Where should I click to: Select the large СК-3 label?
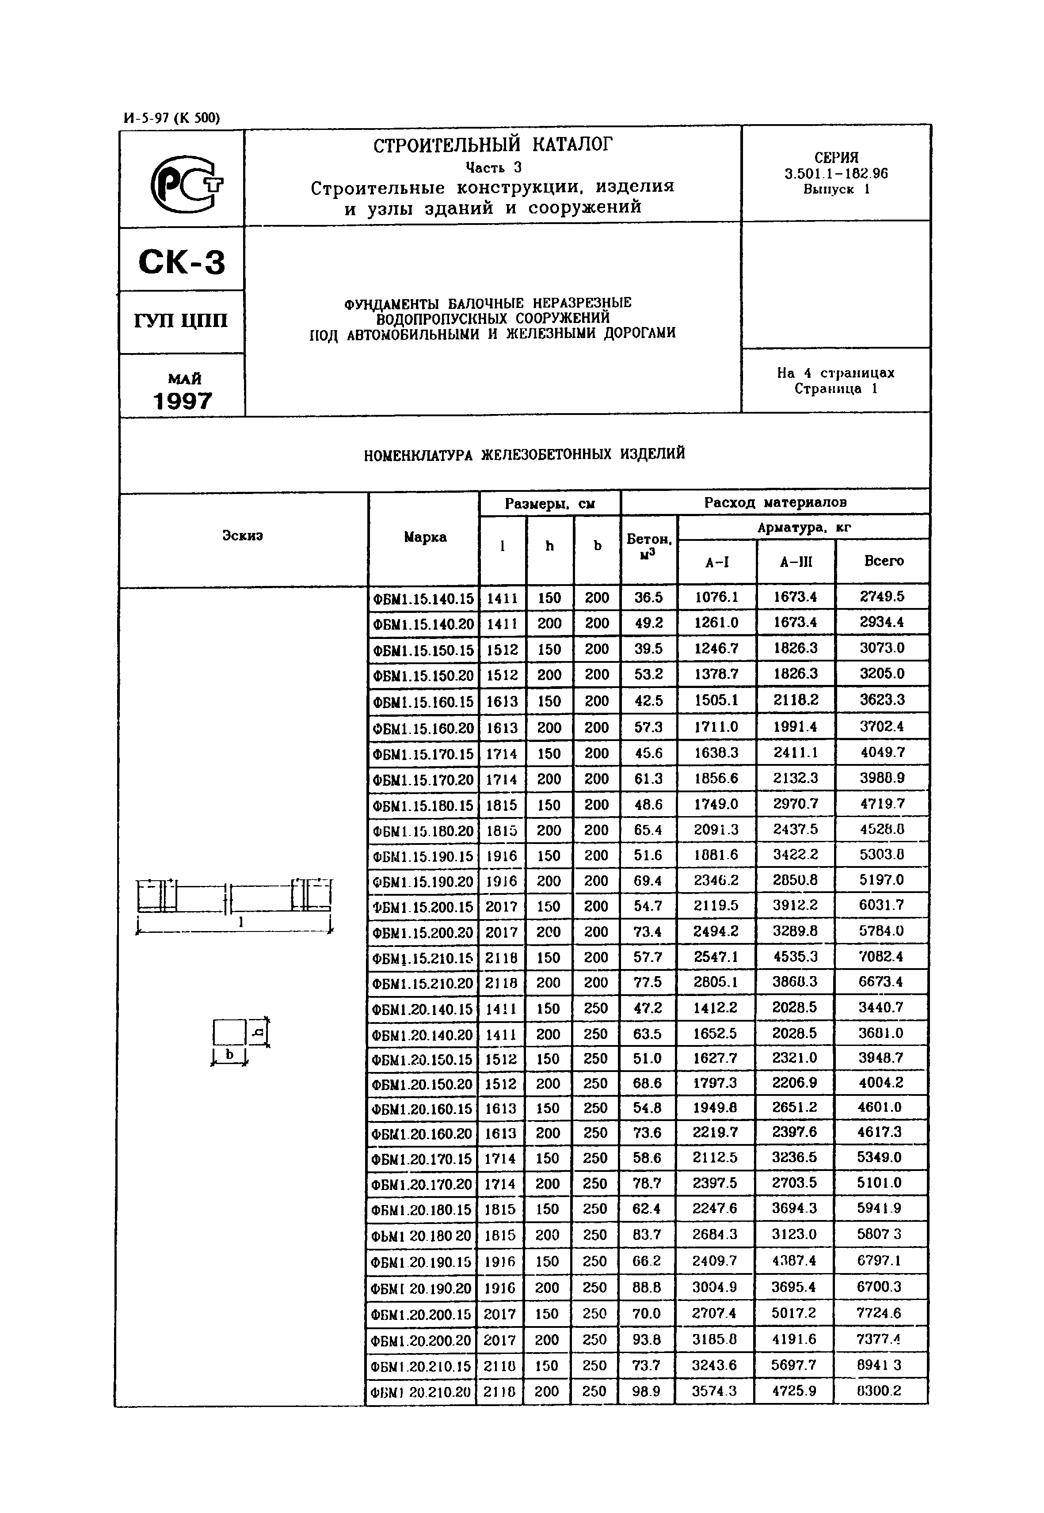click(182, 262)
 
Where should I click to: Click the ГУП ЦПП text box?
click(181, 321)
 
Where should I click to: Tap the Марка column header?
click(425, 537)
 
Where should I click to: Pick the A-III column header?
click(796, 561)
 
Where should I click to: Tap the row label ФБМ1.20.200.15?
click(421, 1314)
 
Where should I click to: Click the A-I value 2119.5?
click(716, 905)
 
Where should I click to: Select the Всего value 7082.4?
click(880, 957)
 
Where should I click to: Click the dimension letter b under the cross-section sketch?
click(229, 1054)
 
